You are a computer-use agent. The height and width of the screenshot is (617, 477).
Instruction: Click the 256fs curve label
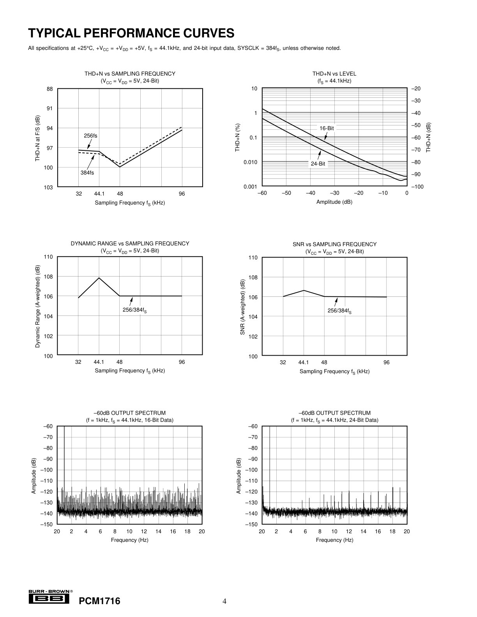click(x=90, y=136)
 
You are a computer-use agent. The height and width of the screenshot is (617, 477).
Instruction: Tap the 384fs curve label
click(x=87, y=173)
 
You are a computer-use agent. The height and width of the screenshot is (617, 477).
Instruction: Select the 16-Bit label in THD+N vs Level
click(x=327, y=128)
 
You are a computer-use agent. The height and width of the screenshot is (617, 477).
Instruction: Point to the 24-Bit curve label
click(x=318, y=164)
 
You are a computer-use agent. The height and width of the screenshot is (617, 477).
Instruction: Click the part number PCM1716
click(x=99, y=601)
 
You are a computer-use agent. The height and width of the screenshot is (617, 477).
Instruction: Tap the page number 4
click(x=224, y=601)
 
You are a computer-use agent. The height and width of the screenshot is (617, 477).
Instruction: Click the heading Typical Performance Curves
click(x=131, y=33)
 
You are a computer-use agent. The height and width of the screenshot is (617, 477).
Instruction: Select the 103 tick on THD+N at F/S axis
click(x=48, y=187)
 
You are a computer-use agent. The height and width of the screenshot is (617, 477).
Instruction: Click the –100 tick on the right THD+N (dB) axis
click(x=417, y=187)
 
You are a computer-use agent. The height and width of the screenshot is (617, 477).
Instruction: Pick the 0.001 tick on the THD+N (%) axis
click(x=250, y=187)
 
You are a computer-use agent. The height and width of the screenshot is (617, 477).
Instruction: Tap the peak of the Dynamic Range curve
click(x=99, y=278)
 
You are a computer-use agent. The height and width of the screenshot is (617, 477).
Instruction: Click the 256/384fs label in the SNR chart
click(x=339, y=311)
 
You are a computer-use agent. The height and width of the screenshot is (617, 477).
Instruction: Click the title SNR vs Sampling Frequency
click(x=335, y=244)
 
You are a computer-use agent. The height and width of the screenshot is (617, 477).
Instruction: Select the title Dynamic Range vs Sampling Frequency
click(x=130, y=243)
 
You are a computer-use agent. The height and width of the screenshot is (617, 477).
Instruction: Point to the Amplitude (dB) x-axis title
click(x=334, y=202)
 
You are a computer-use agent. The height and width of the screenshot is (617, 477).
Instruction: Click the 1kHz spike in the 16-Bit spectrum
click(x=64, y=470)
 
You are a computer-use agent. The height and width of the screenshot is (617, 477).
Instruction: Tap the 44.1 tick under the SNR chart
click(x=304, y=363)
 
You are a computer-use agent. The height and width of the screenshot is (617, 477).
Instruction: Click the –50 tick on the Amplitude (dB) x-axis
click(x=286, y=193)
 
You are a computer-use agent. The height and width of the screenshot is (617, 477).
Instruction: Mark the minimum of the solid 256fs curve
click(x=120, y=167)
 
